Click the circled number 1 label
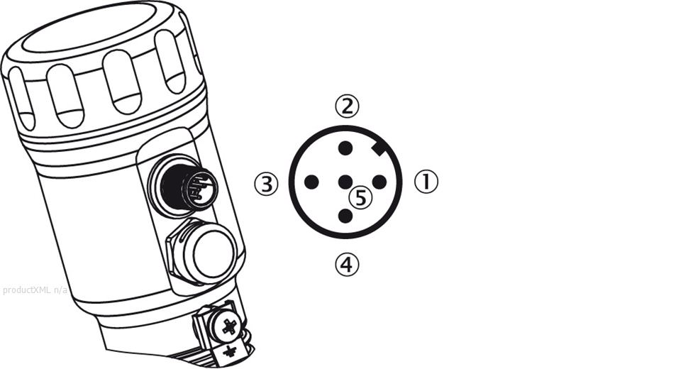point(426,182)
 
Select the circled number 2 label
point(347,106)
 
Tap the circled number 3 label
point(267,184)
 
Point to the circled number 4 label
point(347,264)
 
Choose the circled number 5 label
point(360,198)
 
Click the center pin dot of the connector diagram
point(345,182)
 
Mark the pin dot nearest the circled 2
point(345,148)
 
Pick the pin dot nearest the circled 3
point(311,182)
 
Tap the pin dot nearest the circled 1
point(379,182)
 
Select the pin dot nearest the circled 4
point(345,216)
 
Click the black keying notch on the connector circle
point(378,149)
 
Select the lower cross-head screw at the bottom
point(230,352)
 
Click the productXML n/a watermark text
point(35,290)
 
